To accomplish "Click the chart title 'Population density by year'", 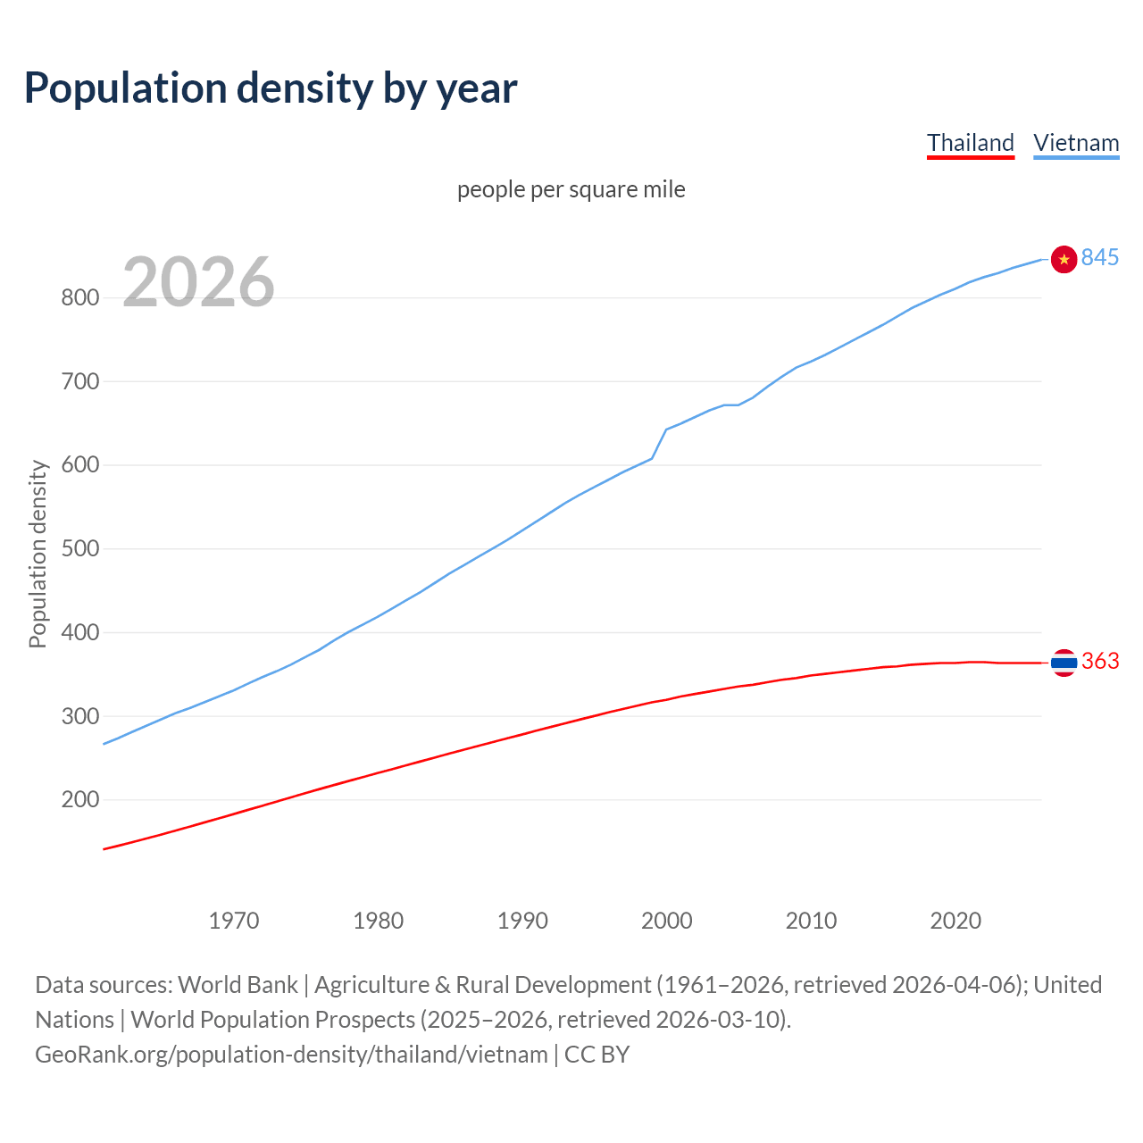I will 271,88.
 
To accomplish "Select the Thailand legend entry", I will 970,143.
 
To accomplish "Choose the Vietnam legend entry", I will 1076,143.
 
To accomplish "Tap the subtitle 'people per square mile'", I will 571,189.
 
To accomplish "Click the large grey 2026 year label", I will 198,282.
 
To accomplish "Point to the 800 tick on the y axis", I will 79,297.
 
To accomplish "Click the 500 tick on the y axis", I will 79,548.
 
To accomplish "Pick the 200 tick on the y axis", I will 79,800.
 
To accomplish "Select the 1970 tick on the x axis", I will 234,921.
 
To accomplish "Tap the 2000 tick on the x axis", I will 667,921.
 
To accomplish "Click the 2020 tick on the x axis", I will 955,921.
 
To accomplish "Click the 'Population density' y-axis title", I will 38,554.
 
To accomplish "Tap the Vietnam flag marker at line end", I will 1064,259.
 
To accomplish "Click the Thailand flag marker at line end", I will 1064,663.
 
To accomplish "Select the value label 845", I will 1100,257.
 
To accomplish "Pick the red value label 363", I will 1100,661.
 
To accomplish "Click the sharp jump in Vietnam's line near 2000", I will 659,443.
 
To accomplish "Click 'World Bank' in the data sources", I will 238,985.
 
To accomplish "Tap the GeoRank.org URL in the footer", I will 291,1055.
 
